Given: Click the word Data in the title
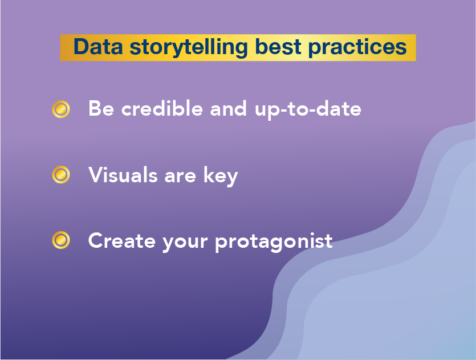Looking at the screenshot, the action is coord(99,47).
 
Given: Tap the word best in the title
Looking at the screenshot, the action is coord(278,47).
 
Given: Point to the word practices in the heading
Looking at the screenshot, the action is coord(357,48).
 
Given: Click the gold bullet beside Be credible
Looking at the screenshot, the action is coord(61,109).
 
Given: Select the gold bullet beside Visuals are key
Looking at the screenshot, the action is coord(61,175).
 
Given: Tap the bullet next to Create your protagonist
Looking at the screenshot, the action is coord(61,240).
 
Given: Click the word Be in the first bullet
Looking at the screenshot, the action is coord(101,108).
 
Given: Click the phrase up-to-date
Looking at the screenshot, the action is coord(308,109).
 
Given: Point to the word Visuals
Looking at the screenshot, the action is coord(123,174).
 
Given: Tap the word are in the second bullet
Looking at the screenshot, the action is coord(180,177).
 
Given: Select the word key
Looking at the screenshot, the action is coord(221,176).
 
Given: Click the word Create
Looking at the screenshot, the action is coord(122,240).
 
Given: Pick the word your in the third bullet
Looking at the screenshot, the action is coord(185,243).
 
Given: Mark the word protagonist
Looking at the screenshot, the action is coord(274,242).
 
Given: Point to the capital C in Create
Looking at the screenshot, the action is coord(96,240).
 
